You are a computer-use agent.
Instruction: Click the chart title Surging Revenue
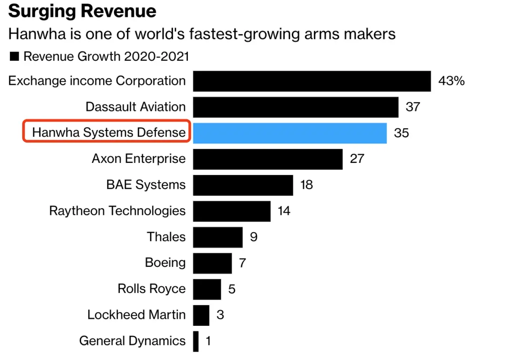tap(82, 11)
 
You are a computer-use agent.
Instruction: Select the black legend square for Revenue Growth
tap(14, 57)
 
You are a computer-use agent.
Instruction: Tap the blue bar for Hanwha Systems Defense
tap(289, 133)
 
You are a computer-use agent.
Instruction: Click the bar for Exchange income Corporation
tap(312, 81)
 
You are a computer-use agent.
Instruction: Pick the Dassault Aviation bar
tap(296, 107)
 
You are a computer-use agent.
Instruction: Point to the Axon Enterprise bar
tap(267, 159)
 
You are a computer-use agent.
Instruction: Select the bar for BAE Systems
tap(243, 185)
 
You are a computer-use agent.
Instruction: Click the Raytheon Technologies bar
tap(231, 211)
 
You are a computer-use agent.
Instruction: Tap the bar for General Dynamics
tap(196, 341)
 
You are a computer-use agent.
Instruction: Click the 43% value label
tap(451, 81)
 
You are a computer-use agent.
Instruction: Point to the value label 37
tap(413, 107)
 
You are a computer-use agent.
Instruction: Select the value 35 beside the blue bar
tap(401, 133)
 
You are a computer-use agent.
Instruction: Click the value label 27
tap(357, 159)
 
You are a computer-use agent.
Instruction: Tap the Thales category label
tap(166, 237)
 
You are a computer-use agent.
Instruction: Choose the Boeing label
tap(165, 263)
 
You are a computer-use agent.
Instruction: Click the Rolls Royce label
tap(151, 289)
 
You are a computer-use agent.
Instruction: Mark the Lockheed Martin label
tap(136, 315)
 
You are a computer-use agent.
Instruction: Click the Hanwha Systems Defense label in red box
tap(109, 133)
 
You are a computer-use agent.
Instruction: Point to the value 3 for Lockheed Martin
tap(220, 315)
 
